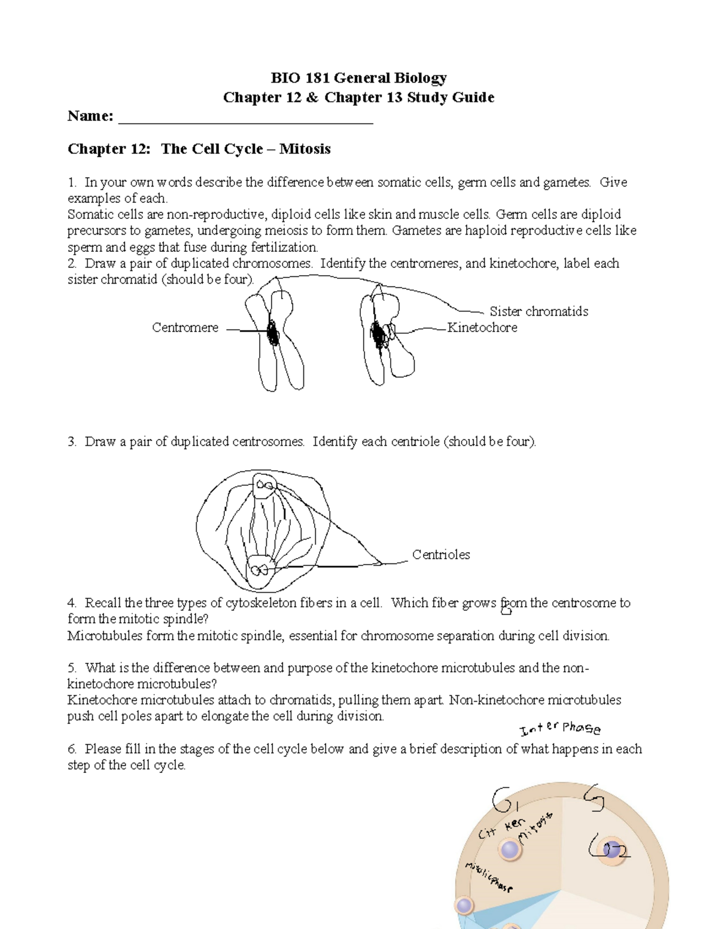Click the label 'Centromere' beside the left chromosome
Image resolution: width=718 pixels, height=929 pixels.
point(185,328)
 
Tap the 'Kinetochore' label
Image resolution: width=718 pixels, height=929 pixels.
point(482,328)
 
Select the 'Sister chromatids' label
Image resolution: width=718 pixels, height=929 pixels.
point(538,312)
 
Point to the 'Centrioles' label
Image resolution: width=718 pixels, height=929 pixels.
point(441,555)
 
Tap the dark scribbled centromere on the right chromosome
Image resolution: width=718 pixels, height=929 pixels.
point(378,334)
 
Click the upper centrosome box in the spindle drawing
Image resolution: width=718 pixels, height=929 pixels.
point(264,486)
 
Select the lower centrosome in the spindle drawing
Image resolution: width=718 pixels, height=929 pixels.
point(260,568)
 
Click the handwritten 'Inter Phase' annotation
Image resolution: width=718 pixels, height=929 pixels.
point(560,728)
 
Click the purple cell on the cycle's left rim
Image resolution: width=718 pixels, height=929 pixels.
point(465,906)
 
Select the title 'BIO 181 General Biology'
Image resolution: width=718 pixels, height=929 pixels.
point(358,78)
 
